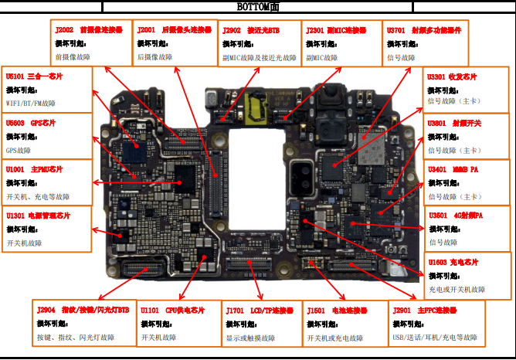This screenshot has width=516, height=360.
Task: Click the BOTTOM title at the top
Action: [x=257, y=6]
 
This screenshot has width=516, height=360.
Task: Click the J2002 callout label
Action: [x=89, y=29]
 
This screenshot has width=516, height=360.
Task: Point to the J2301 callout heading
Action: [x=331, y=29]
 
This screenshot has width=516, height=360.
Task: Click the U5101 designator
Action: [x=34, y=76]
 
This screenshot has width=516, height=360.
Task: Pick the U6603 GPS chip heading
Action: [x=31, y=123]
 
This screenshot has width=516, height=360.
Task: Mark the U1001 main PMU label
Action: [x=34, y=169]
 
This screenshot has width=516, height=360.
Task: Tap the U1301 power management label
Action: [x=38, y=216]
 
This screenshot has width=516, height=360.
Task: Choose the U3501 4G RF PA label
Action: [x=455, y=216]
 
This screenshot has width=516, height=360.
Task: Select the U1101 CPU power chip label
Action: [x=172, y=310]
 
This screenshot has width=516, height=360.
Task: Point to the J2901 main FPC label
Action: [x=425, y=310]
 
